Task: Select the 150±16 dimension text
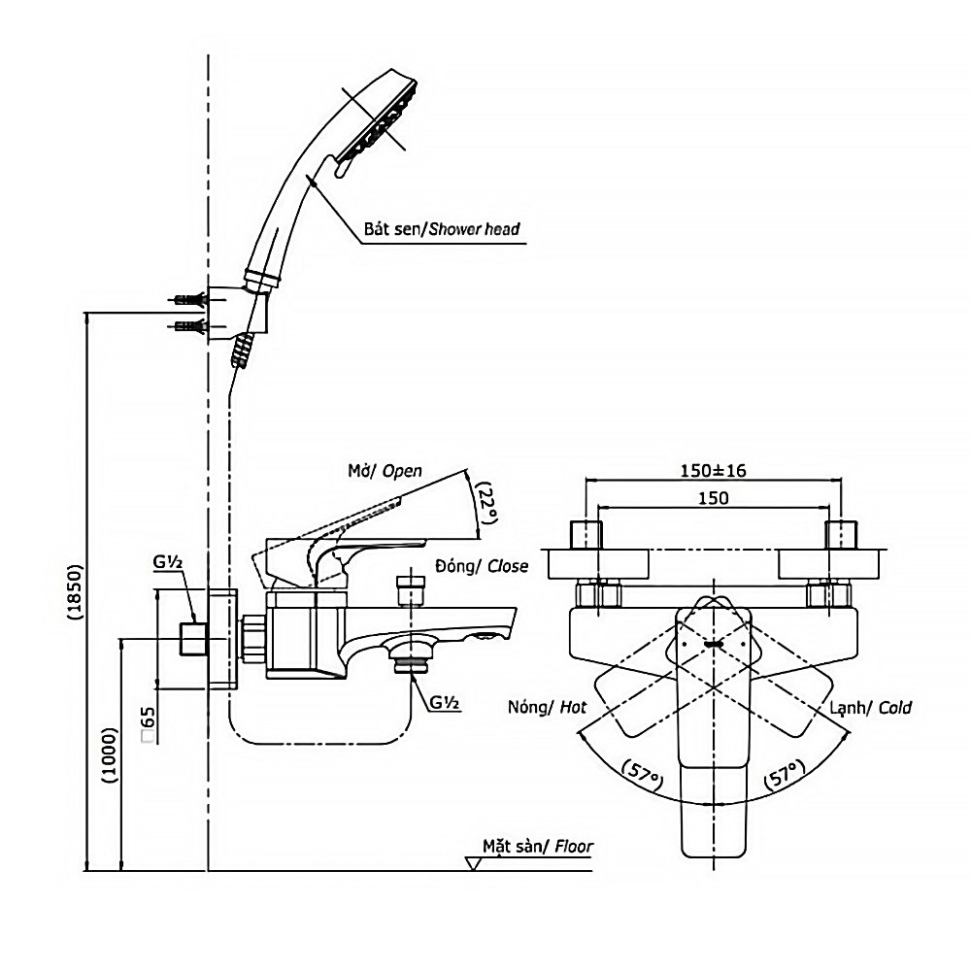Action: (x=714, y=471)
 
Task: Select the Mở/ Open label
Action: (x=385, y=471)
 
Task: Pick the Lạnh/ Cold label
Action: (x=871, y=708)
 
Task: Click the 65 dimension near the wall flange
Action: (x=148, y=724)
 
